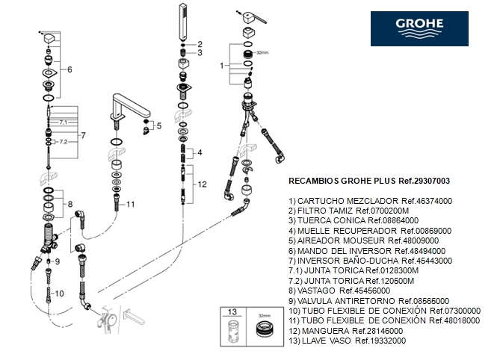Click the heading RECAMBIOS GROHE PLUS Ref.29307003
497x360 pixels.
point(368,181)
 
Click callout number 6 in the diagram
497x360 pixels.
point(70,69)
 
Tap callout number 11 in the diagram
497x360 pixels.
point(130,204)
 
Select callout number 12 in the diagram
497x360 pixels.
point(203,184)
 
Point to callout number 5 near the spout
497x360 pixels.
point(158,126)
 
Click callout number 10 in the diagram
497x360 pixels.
point(61,294)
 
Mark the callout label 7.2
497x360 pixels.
point(63,141)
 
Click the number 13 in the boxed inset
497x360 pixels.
point(232,312)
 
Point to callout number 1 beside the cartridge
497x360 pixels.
point(221,66)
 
